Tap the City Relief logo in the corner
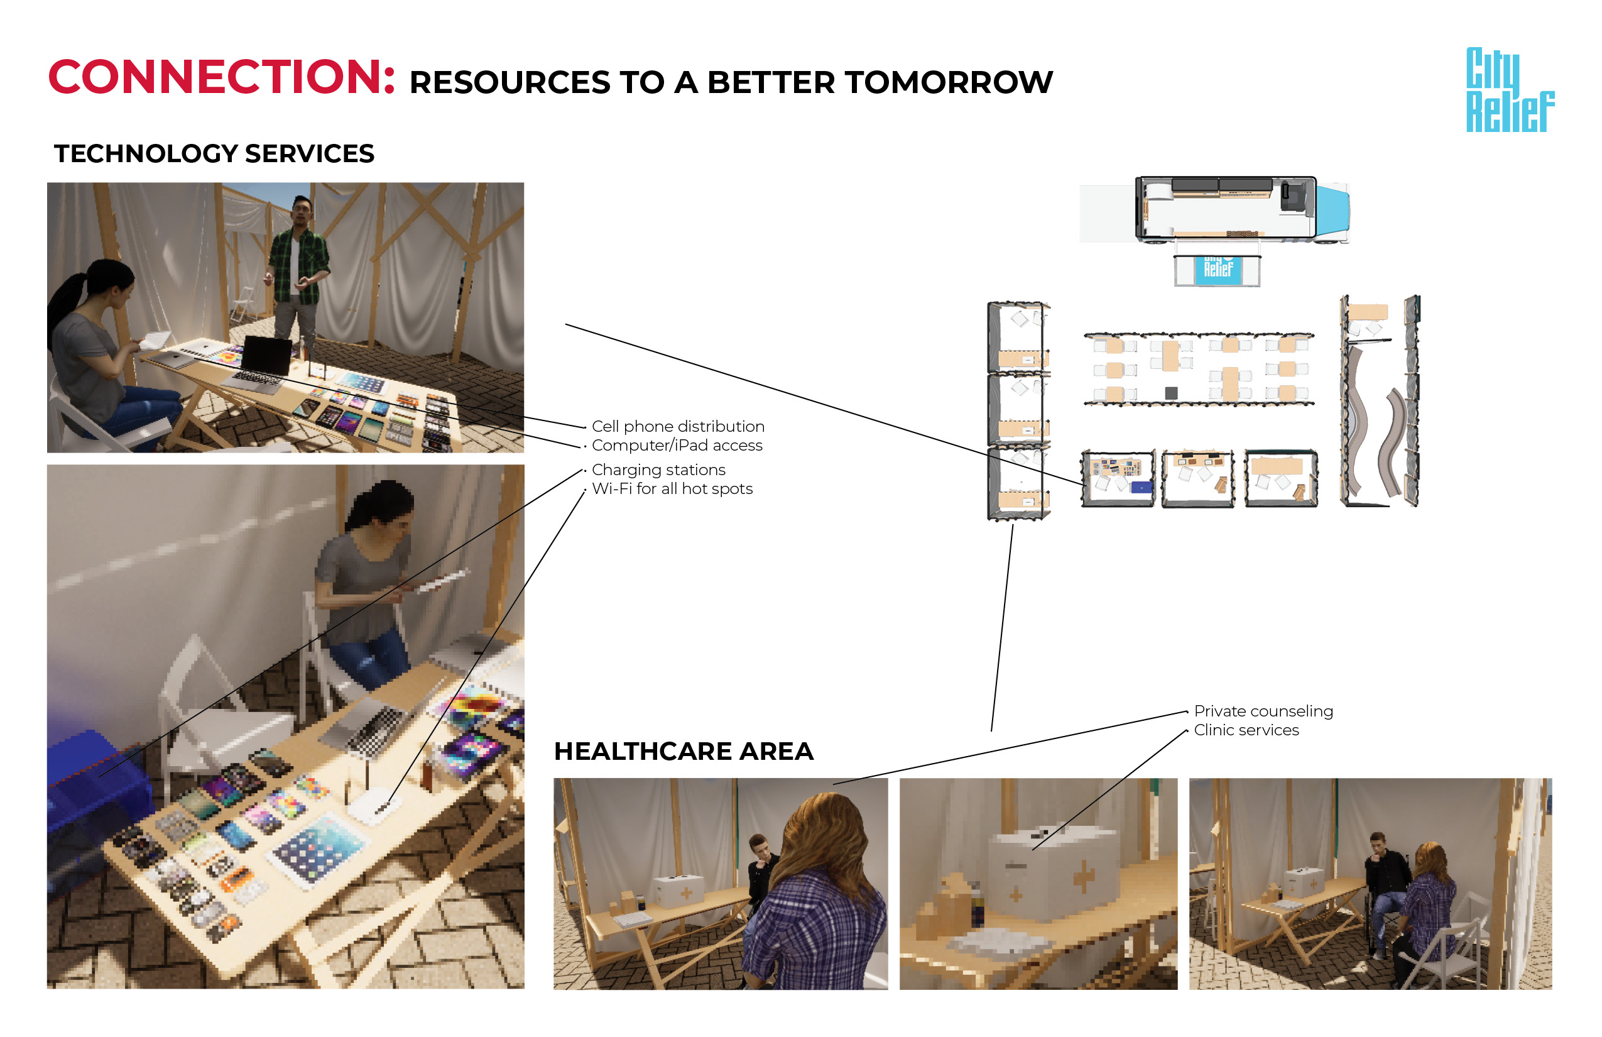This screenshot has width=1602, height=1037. coord(1510,89)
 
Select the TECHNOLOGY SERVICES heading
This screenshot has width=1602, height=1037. coord(214,153)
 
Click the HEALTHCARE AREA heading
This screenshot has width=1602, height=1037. coord(684,751)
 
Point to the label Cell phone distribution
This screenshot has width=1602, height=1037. coord(678,426)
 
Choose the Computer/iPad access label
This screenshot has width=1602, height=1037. coord(677,445)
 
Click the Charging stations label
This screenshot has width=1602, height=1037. coord(658,469)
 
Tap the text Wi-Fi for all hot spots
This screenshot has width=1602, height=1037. coord(672,488)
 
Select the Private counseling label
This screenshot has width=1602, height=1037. coord(1263,711)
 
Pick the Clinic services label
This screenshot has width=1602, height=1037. coord(1246,730)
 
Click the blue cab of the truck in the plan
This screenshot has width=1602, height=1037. coord(1332,211)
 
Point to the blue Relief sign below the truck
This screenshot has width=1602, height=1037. coord(1218,270)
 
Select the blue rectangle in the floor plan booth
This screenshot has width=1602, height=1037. coord(1141,487)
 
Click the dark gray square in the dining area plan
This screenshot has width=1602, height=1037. coord(1171,393)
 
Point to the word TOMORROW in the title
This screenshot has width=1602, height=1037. coord(949,82)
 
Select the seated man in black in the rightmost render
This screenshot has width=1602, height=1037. coord(1387,889)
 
